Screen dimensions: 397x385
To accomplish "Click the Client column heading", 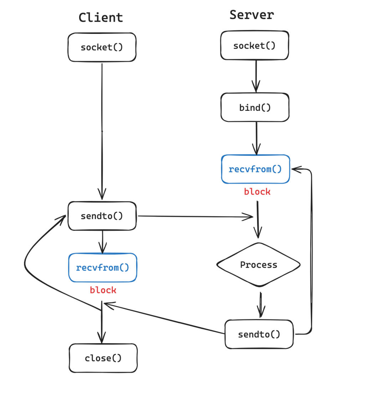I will click(x=101, y=17).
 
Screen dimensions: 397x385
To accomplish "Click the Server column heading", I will click(x=252, y=15).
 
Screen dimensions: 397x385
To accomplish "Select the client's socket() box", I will click(x=102, y=47).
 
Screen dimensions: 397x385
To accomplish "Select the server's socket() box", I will click(x=255, y=46).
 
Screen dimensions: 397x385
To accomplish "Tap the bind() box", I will click(x=255, y=108).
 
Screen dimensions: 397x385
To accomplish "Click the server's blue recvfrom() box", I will click(x=255, y=169).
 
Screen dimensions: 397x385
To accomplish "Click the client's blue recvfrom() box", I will click(x=103, y=268).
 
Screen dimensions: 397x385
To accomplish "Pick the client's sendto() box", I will click(x=102, y=216).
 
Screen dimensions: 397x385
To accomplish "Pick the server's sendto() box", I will click(x=259, y=334).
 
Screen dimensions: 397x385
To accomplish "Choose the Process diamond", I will click(x=258, y=265).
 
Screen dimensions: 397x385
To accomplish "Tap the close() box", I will click(x=103, y=358).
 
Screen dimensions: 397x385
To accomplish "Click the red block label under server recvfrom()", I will click(x=257, y=192).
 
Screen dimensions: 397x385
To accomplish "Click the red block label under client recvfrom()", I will click(x=103, y=290).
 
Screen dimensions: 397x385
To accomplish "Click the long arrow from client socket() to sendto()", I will click(x=102, y=132).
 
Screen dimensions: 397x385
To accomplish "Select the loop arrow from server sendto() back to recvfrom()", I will click(x=312, y=249).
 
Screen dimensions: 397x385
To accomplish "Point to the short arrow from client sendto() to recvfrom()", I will click(x=103, y=241).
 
